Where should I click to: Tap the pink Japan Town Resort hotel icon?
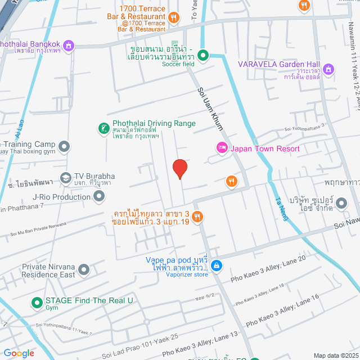coord(222,148)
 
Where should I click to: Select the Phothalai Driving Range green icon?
coord(104,129)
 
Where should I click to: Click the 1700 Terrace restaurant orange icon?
coord(174,17)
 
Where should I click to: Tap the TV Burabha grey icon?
coord(66,178)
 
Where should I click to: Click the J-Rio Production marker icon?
coord(100,196)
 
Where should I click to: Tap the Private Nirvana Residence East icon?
coord(84,271)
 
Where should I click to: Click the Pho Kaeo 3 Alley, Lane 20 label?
coord(268,268)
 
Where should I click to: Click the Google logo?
coord(19,353)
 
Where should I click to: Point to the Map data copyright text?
coord(335,355)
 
